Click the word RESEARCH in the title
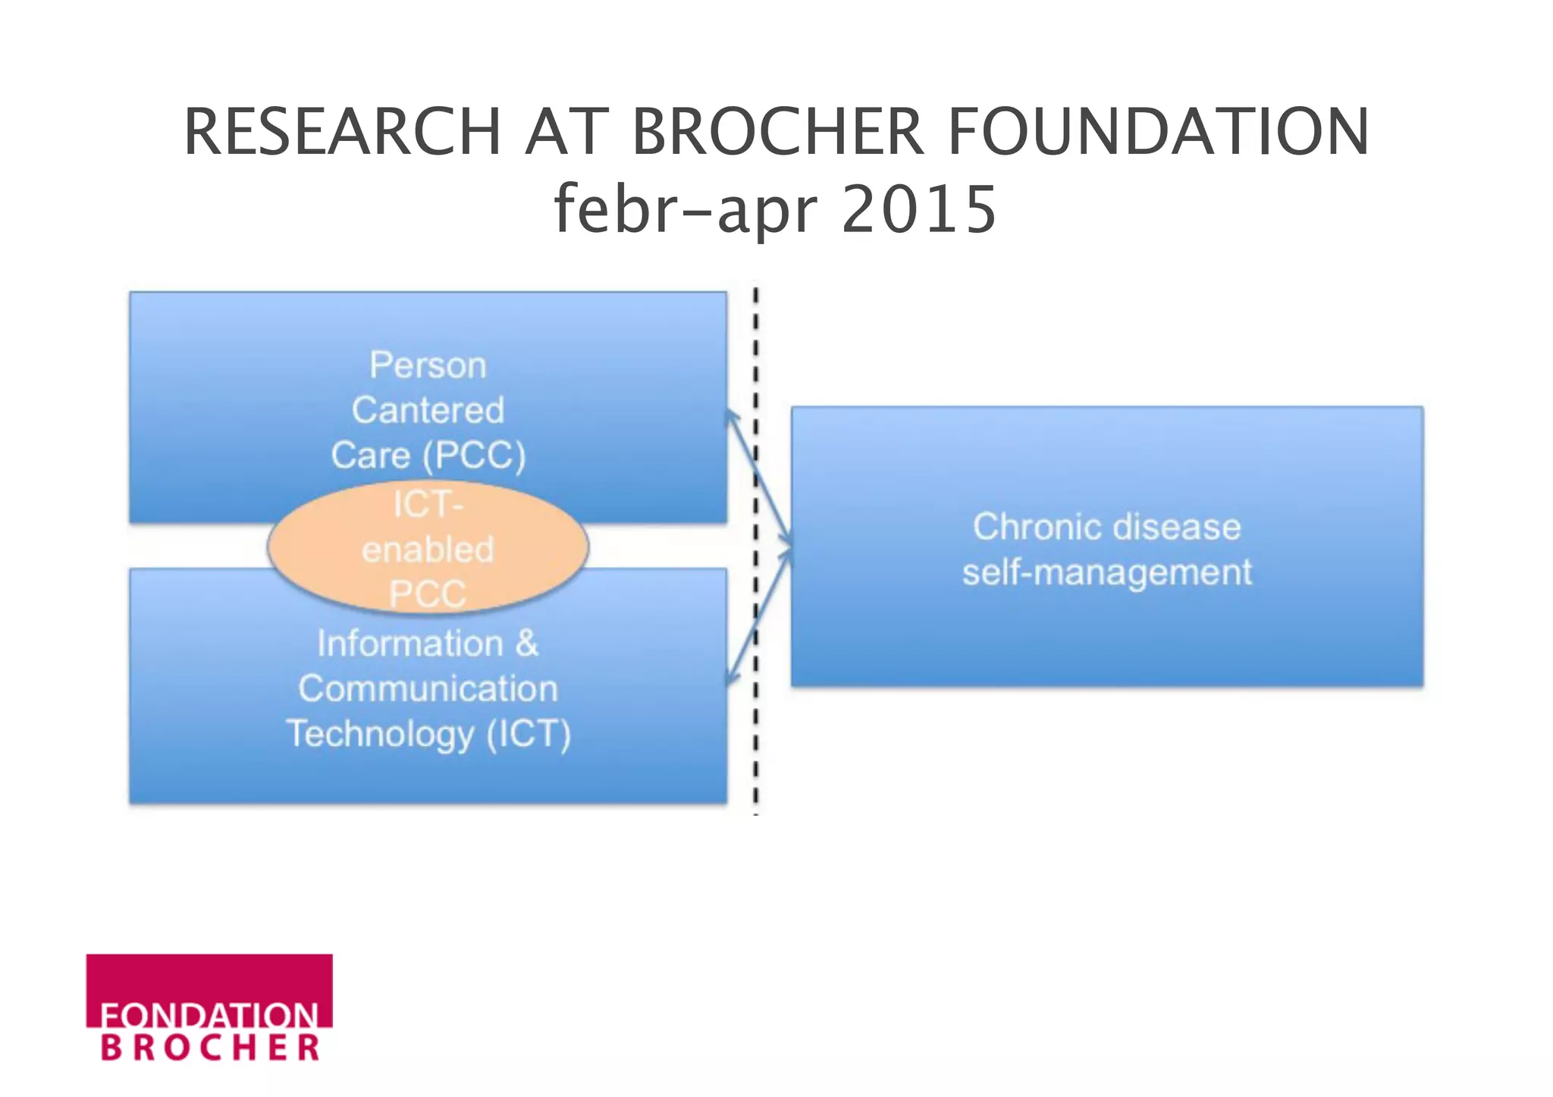pos(342,132)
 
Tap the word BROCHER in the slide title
pos(777,132)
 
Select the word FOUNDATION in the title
pos(1158,132)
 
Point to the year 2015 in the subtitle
pos(918,209)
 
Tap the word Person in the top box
pos(428,365)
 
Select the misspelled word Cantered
pos(428,410)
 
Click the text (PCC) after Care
pos(474,456)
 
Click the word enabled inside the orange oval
pos(428,549)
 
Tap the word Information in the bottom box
pos(409,644)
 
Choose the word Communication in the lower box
pos(428,688)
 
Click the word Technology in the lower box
pos(380,734)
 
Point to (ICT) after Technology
pos(529,734)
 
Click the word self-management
pos(1106,572)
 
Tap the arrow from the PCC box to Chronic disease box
pos(758,478)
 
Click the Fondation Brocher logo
pos(209,1008)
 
